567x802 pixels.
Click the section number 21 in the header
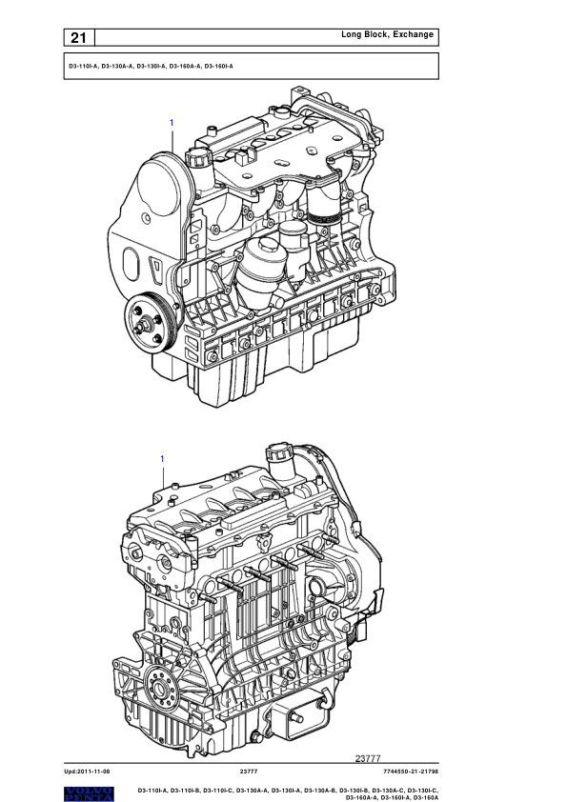tap(78, 38)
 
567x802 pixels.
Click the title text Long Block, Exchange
tap(388, 34)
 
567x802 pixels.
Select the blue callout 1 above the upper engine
tap(172, 123)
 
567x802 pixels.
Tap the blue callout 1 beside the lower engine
tap(162, 459)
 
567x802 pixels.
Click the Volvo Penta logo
tap(89, 793)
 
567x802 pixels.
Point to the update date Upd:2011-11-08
tap(87, 772)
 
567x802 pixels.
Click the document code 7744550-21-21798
tap(411, 772)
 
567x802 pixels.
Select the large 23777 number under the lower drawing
tap(368, 758)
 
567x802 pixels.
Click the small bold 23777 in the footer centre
tap(249, 772)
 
